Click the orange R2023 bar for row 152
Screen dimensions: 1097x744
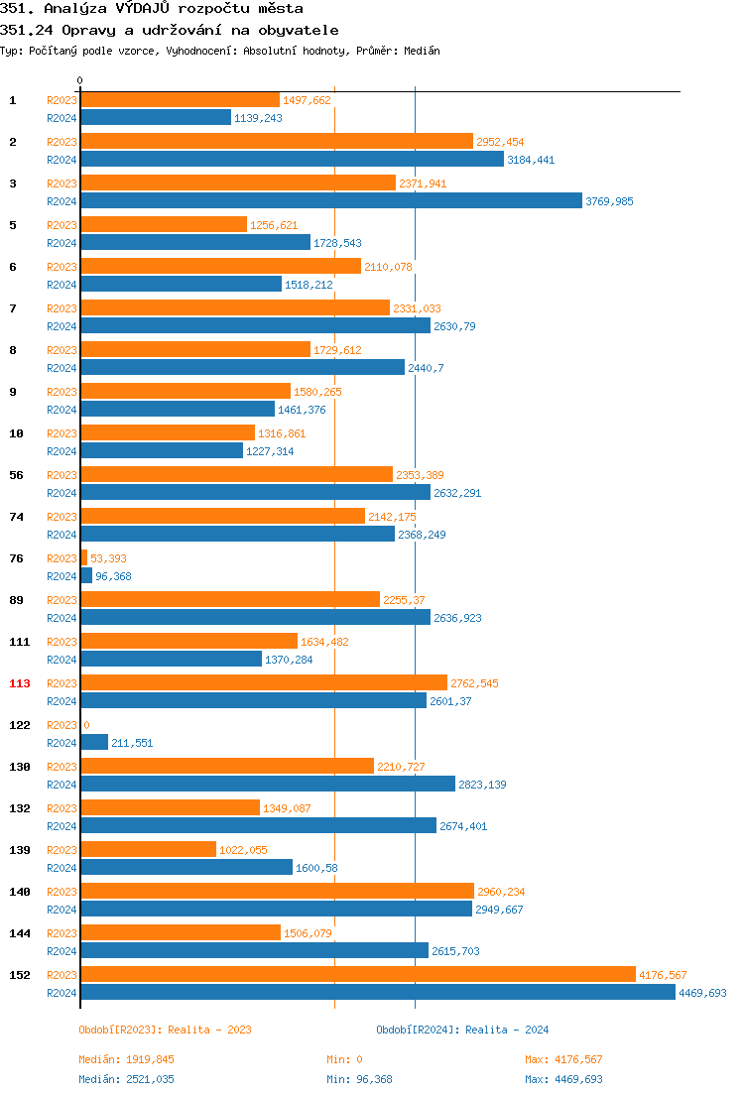click(x=357, y=974)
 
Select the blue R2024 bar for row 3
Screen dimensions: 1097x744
click(x=330, y=200)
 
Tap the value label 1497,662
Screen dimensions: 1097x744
click(x=307, y=100)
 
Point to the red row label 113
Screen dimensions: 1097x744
click(x=20, y=683)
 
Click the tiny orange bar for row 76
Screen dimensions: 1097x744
click(x=83, y=557)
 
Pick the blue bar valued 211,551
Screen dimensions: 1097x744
click(x=94, y=742)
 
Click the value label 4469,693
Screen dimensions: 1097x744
click(x=702, y=993)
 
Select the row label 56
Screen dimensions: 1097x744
click(x=16, y=475)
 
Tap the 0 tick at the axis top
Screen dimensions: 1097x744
click(x=80, y=80)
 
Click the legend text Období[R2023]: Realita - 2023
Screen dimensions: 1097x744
click(x=165, y=1030)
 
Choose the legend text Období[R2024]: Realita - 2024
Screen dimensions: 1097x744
click(x=462, y=1030)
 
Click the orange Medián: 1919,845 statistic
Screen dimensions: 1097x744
click(x=126, y=1059)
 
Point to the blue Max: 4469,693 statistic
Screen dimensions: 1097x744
click(x=563, y=1079)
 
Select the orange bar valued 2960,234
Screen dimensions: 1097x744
click(x=277, y=891)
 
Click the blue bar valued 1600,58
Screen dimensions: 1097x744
click(x=186, y=867)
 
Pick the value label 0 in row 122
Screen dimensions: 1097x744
click(x=86, y=725)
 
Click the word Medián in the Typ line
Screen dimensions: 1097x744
click(x=421, y=51)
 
